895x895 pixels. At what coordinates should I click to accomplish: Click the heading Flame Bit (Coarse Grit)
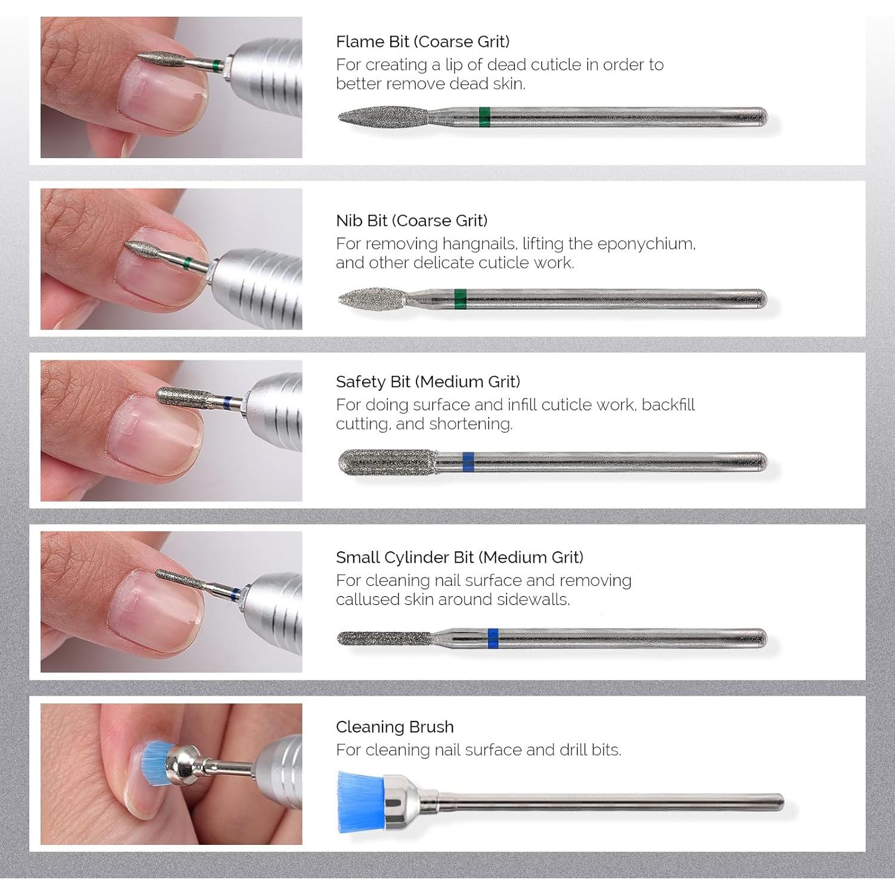(x=422, y=42)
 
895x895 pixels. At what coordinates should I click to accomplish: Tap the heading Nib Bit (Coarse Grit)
(x=412, y=221)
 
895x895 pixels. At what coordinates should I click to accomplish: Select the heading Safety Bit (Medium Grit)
(x=428, y=382)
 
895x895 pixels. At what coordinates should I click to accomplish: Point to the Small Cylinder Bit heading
(x=459, y=557)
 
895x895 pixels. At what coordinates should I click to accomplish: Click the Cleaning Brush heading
(x=394, y=727)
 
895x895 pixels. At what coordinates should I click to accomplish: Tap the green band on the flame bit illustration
(x=484, y=117)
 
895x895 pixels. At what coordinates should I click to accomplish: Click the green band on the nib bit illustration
(x=459, y=298)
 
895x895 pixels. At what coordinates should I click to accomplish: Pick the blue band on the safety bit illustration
(x=468, y=462)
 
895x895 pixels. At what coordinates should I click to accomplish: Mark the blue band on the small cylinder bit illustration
(x=492, y=638)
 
